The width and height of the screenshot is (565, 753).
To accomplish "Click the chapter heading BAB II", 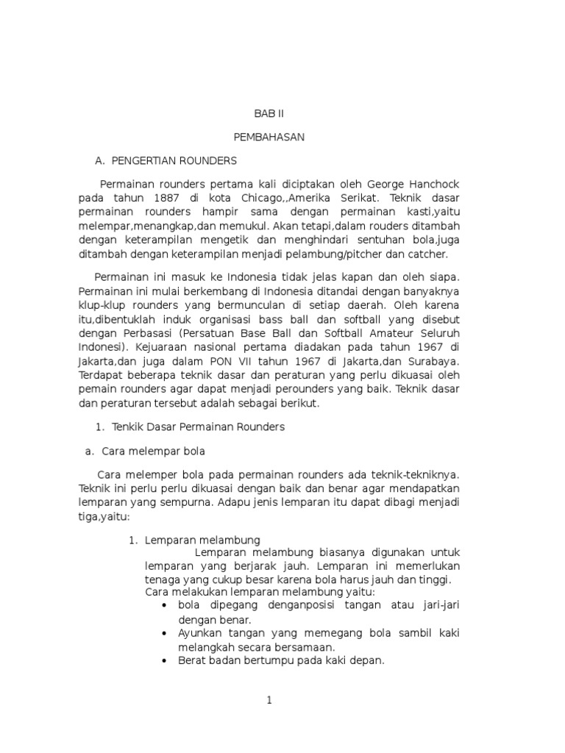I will pos(269,114).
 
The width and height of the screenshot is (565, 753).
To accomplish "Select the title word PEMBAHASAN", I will pos(269,137).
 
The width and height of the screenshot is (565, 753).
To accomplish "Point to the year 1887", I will pos(168,198).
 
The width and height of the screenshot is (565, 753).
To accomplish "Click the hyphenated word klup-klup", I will pos(104,305).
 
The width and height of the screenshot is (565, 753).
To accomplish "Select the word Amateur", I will pos(391,333).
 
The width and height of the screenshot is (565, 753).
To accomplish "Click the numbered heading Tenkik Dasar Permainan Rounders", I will pos(198,427).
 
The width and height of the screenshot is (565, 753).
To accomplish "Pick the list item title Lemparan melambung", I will pos(202,540).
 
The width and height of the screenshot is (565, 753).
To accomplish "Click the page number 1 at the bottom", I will pos(269,700).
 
